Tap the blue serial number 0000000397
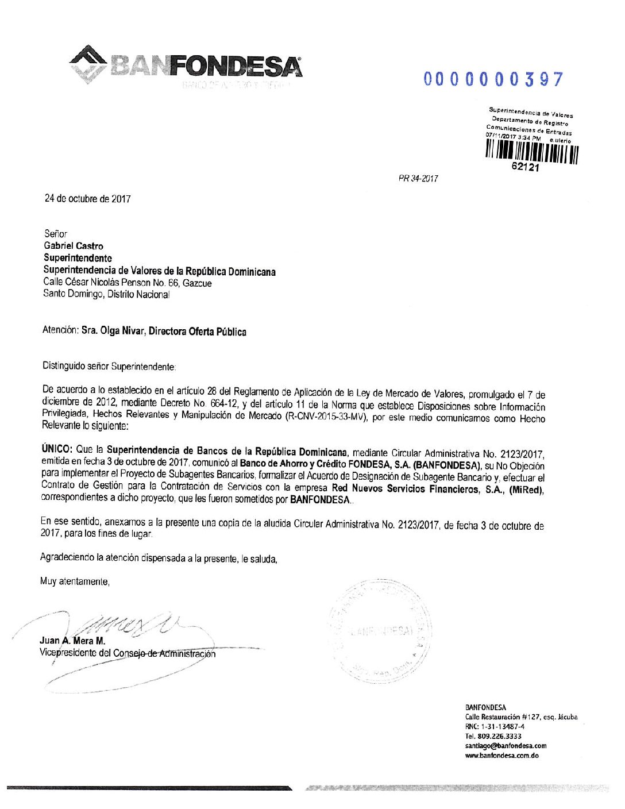click(493, 79)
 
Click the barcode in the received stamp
click(531, 152)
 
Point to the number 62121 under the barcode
click(525, 167)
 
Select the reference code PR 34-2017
click(418, 179)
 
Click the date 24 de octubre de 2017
click(88, 199)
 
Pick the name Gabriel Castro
click(74, 246)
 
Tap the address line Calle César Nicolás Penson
click(127, 283)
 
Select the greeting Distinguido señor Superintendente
click(109, 366)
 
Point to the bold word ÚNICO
click(57, 449)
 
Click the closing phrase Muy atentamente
click(75, 581)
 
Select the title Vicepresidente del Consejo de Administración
click(128, 653)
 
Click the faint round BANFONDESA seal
click(380, 631)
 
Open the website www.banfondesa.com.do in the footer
click(501, 756)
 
